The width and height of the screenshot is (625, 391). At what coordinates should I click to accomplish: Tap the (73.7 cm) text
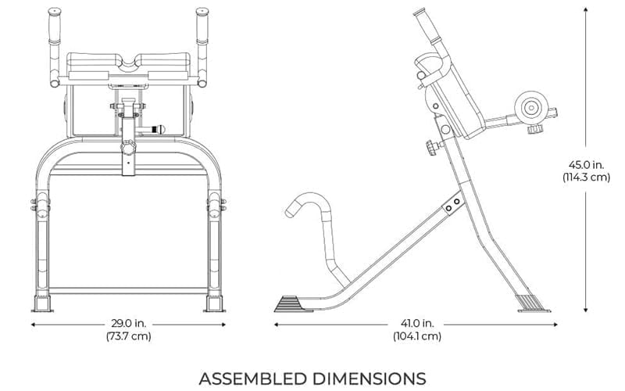click(x=129, y=337)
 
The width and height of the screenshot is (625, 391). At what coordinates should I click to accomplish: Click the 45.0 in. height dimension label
click(x=587, y=164)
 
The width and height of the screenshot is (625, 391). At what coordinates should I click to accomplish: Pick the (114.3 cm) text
click(x=587, y=178)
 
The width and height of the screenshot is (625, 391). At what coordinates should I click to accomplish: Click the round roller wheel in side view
click(x=531, y=107)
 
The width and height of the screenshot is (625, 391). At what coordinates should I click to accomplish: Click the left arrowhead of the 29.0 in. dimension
click(x=34, y=322)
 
